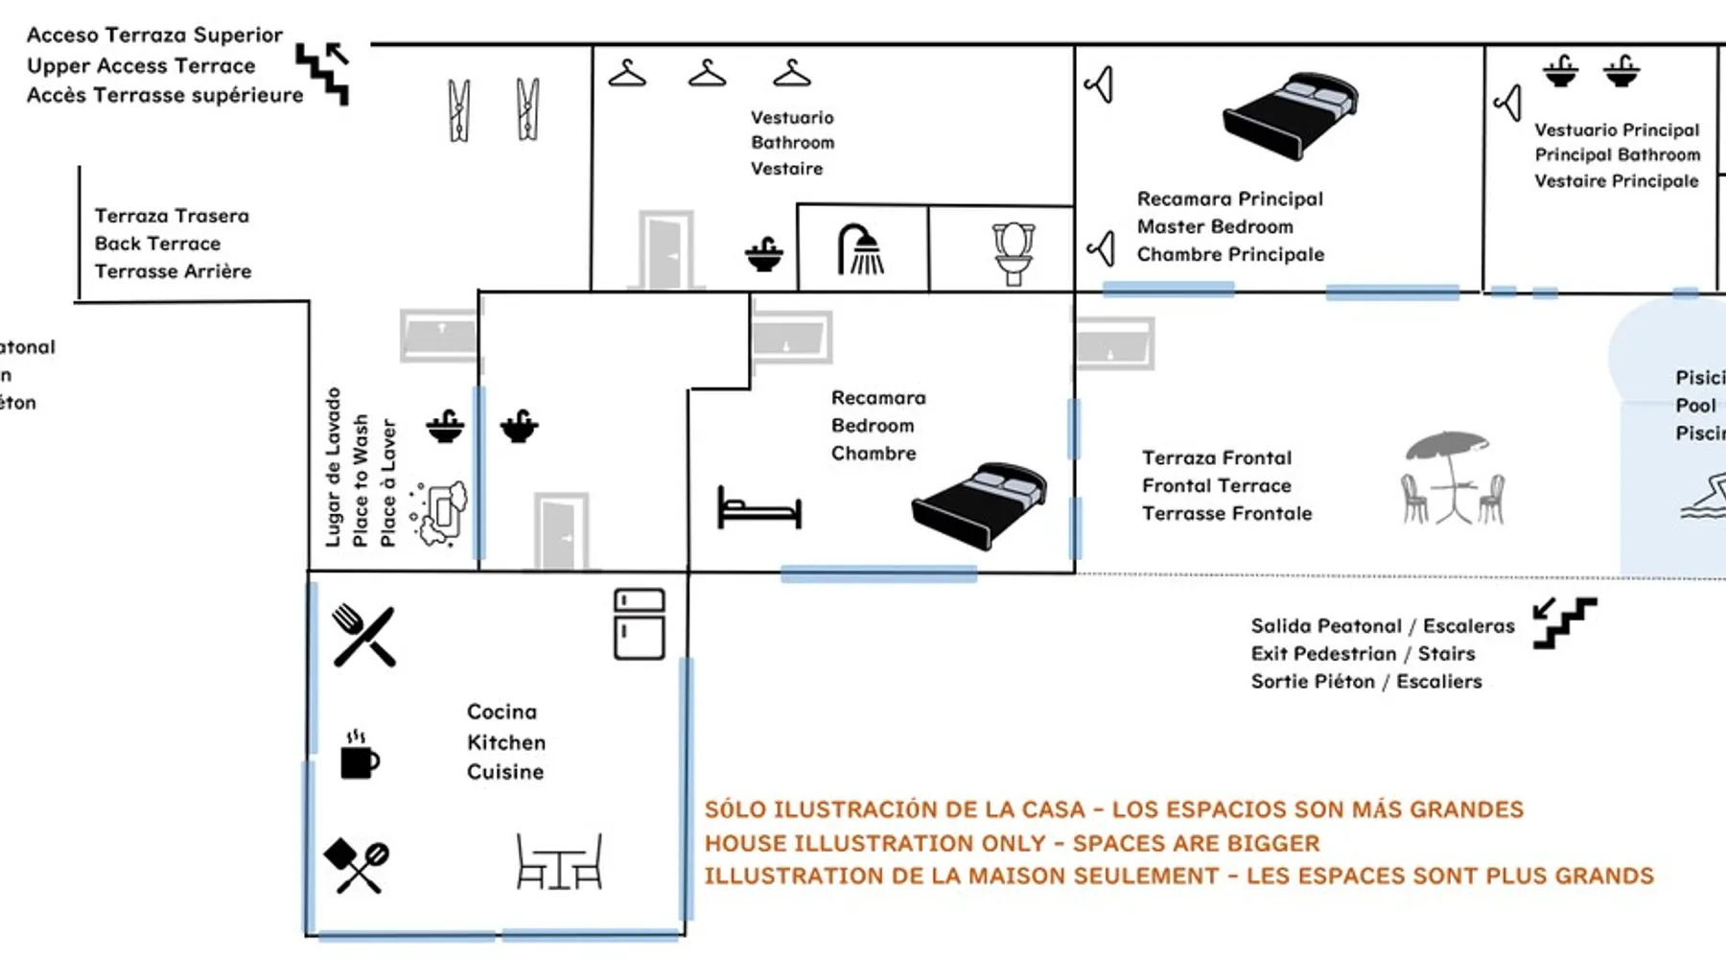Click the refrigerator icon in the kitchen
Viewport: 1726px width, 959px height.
639,624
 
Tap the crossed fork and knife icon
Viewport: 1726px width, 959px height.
363,635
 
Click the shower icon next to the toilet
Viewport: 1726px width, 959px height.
862,249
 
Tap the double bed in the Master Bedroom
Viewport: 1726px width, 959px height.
1291,114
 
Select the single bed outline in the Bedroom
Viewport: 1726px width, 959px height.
758,508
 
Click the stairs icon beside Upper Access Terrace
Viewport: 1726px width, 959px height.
323,71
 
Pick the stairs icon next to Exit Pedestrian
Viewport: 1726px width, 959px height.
1564,622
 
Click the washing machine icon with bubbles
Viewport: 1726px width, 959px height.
442,514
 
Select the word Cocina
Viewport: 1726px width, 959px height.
501,712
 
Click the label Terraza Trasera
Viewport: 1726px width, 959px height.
172,216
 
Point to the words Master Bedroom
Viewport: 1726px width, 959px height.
1215,226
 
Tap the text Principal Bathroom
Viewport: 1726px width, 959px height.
1617,154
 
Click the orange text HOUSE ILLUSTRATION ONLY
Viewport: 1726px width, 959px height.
874,843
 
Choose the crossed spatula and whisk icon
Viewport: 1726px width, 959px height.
356,864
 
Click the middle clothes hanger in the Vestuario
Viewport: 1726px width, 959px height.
707,73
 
